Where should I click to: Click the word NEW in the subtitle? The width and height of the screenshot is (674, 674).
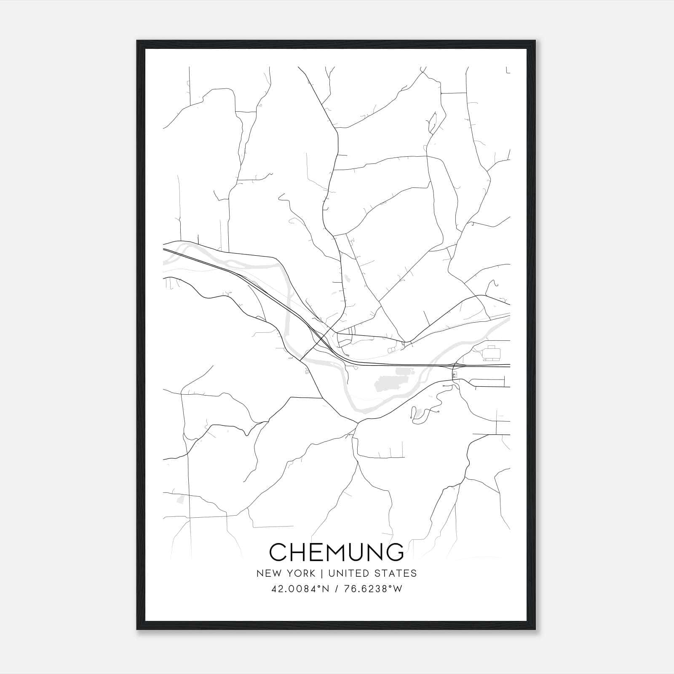[268, 573]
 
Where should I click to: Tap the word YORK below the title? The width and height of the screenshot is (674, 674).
[300, 573]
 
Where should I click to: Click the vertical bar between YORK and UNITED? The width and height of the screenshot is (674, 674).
[321, 573]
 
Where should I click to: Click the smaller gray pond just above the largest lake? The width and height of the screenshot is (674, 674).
[404, 372]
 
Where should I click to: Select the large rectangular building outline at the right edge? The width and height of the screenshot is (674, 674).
[492, 353]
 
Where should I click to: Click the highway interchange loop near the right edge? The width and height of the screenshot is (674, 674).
[454, 374]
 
